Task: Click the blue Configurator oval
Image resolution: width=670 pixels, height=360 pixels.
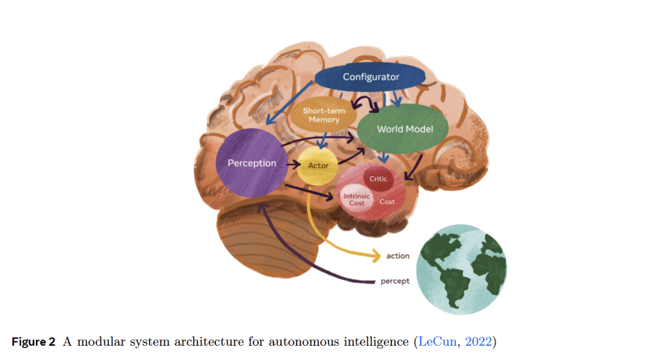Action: (370, 77)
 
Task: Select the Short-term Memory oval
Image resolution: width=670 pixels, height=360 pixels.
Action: (324, 115)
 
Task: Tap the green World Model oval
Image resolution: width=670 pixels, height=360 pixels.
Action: (404, 129)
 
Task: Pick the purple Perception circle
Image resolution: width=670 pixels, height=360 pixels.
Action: (251, 163)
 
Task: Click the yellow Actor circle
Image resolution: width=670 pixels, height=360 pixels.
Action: (318, 166)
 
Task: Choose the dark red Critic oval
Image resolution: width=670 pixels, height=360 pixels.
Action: (378, 179)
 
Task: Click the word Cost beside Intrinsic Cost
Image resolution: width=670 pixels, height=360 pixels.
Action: (387, 202)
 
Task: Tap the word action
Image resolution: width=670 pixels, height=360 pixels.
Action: (398, 256)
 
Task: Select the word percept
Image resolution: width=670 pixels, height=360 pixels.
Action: (395, 281)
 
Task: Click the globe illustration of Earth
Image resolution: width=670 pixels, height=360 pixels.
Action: (463, 269)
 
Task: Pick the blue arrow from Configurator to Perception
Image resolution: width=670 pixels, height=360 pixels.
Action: (291, 109)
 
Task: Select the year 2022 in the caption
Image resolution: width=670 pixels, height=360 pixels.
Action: (476, 342)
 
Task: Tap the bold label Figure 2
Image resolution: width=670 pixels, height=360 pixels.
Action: (33, 342)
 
